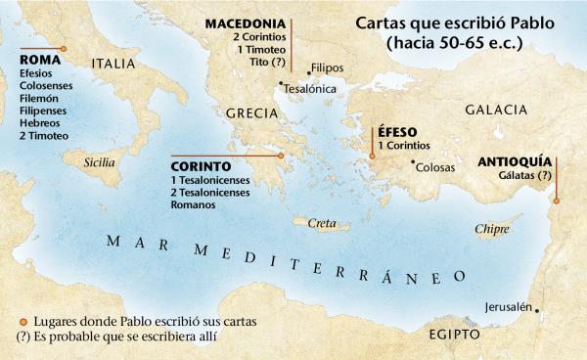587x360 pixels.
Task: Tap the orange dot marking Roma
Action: [x=64, y=47]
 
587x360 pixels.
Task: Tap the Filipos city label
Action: [x=327, y=68]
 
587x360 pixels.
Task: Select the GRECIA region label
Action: [x=252, y=113]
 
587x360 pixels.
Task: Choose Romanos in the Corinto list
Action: [x=194, y=205]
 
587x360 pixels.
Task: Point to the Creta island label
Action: [x=322, y=224]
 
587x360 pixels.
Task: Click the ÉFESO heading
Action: [x=397, y=132]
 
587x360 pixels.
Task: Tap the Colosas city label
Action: [x=436, y=167]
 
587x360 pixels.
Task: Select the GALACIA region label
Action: [x=499, y=110]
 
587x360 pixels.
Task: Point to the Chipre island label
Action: [x=491, y=230]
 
